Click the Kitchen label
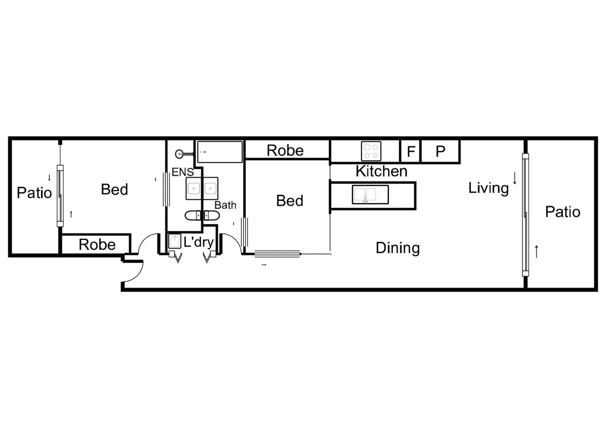(381, 171)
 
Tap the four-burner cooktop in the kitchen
(371, 151)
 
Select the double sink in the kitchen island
(370, 195)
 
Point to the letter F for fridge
(411, 151)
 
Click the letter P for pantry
(441, 151)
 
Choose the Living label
(488, 188)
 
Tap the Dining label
(398, 248)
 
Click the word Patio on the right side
(563, 212)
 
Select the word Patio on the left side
(35, 193)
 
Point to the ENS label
(183, 172)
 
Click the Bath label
(225, 205)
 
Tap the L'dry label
(198, 243)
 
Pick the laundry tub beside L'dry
(175, 241)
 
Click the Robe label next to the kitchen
(285, 151)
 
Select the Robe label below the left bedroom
(97, 245)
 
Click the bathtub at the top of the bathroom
(220, 152)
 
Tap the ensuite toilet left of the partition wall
(192, 216)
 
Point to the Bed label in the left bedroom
(114, 189)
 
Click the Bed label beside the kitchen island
(290, 201)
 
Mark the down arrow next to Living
(515, 178)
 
